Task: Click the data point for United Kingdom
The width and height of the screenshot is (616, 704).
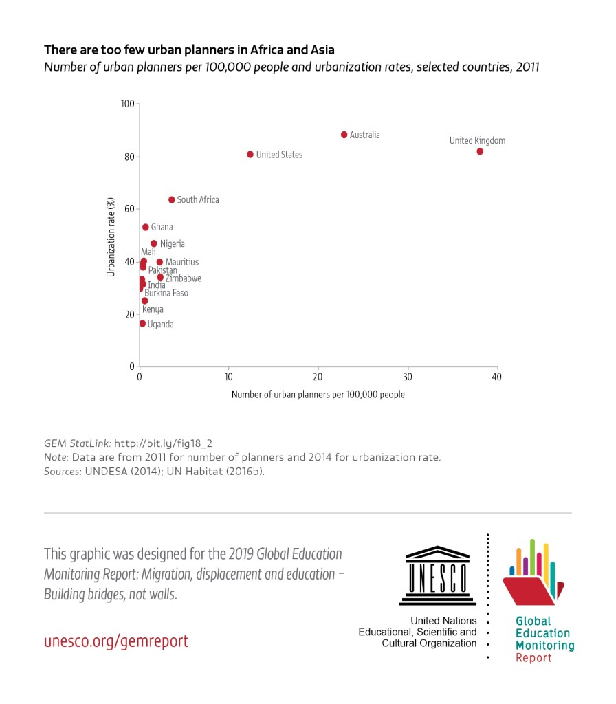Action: click(480, 151)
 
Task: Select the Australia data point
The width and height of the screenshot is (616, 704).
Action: click(344, 135)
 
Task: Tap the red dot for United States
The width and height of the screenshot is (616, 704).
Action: click(250, 155)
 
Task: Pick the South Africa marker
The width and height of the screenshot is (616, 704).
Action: click(172, 200)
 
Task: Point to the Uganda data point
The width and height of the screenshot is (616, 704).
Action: click(142, 324)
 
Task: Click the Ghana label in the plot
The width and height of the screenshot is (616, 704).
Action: click(162, 227)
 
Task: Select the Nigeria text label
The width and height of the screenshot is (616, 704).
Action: click(172, 244)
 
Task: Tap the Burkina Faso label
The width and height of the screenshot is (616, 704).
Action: click(166, 294)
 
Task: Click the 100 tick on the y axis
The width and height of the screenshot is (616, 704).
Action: click(127, 104)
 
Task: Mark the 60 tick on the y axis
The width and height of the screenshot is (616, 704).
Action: click(129, 209)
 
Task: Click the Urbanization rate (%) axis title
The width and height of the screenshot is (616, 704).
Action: click(110, 236)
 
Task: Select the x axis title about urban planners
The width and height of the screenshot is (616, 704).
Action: click(318, 395)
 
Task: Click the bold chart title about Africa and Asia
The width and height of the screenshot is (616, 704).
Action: click(189, 50)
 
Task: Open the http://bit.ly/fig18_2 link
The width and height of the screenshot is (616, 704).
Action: click(168, 444)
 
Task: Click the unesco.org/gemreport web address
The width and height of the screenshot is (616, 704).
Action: click(116, 641)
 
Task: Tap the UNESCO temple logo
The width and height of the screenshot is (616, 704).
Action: click(437, 575)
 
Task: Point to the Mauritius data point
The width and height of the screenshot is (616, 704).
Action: click(159, 262)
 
